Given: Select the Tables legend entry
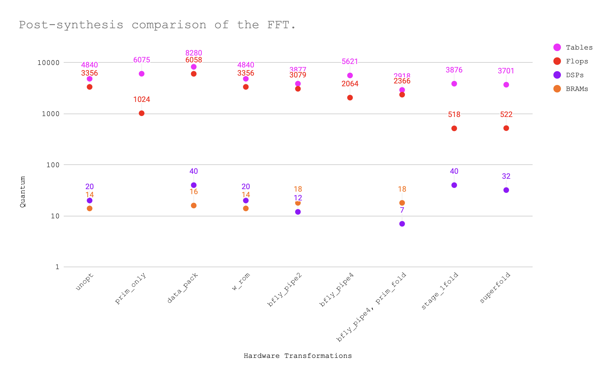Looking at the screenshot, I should point(579,47).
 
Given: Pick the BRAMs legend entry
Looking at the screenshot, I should point(577,89).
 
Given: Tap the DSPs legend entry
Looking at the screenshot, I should point(575,75).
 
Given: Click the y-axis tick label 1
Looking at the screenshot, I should point(57,267).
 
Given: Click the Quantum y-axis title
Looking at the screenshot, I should point(22,192).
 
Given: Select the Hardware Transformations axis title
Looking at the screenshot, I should point(298,356).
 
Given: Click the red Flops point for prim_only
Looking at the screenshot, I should point(142,113).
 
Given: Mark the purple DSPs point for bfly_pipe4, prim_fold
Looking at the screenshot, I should point(402,224).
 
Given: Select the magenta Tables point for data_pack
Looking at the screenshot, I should point(194,67).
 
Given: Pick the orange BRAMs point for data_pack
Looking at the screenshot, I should point(194,205).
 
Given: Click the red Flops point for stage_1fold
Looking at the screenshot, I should point(454,128).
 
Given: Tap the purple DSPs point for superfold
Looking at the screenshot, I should point(506,190).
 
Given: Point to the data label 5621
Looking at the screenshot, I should point(350,61).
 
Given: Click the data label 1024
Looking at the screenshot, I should point(142,100).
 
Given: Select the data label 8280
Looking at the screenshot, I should point(194,53).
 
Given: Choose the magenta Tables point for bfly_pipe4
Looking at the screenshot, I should point(350,76).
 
